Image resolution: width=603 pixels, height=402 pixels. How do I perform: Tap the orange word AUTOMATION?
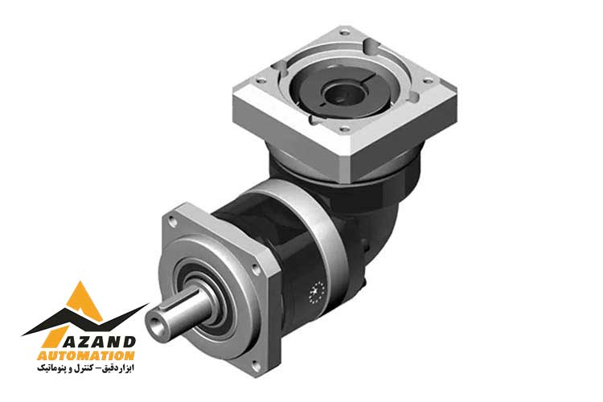[86, 355]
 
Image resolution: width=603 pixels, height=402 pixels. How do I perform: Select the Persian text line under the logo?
[86, 368]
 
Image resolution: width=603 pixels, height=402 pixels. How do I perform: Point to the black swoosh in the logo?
[84, 323]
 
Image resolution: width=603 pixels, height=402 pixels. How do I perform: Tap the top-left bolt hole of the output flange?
[172, 221]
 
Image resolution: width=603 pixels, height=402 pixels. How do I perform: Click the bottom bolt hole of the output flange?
[255, 364]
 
